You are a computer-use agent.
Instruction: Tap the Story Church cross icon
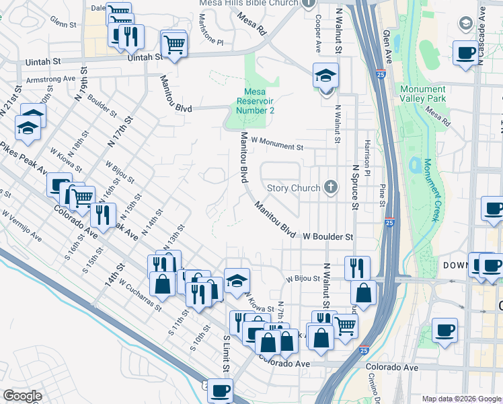point(330,187)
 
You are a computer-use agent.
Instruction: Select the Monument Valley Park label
point(422,94)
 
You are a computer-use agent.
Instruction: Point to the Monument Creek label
point(430,189)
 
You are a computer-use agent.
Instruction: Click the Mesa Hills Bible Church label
point(248,3)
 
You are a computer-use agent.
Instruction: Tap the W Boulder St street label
point(327,237)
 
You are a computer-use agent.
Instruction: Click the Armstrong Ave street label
point(50,79)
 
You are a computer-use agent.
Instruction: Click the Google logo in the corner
point(23,395)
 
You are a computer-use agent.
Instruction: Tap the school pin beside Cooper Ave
point(325,76)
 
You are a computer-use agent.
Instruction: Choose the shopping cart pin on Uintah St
point(174,44)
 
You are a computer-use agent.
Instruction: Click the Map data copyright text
point(461,399)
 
